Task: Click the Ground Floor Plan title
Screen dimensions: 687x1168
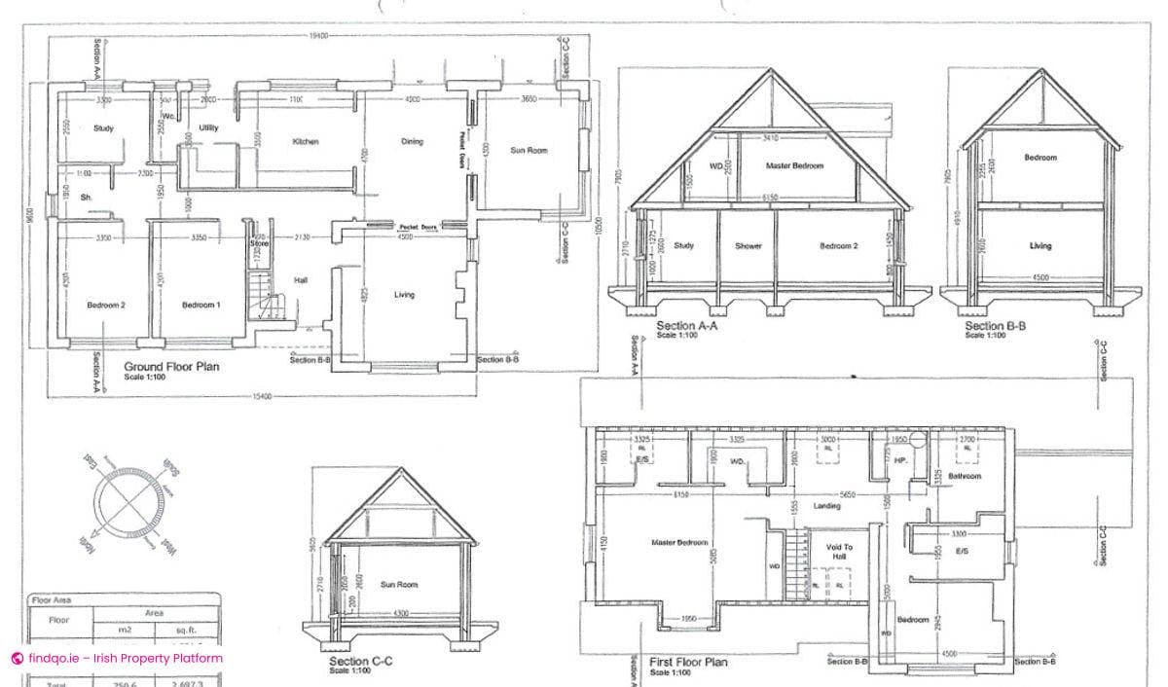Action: click(x=171, y=367)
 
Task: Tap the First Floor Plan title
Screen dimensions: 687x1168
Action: click(x=687, y=662)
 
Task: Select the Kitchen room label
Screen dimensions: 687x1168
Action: click(x=306, y=142)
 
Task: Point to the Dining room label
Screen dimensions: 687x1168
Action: click(x=413, y=142)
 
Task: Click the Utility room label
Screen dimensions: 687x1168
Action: click(x=208, y=127)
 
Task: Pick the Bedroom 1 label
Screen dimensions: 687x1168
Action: click(x=201, y=305)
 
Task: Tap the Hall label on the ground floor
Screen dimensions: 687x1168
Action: click(x=301, y=281)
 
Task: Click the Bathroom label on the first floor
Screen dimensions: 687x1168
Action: click(x=965, y=477)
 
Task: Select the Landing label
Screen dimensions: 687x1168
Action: click(x=827, y=506)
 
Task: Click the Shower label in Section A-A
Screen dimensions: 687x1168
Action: click(x=748, y=246)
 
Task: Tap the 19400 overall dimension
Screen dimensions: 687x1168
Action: click(x=317, y=36)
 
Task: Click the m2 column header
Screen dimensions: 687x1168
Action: click(x=125, y=631)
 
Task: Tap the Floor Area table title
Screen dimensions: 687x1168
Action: click(x=52, y=600)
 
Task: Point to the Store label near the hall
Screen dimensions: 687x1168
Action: click(x=259, y=243)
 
